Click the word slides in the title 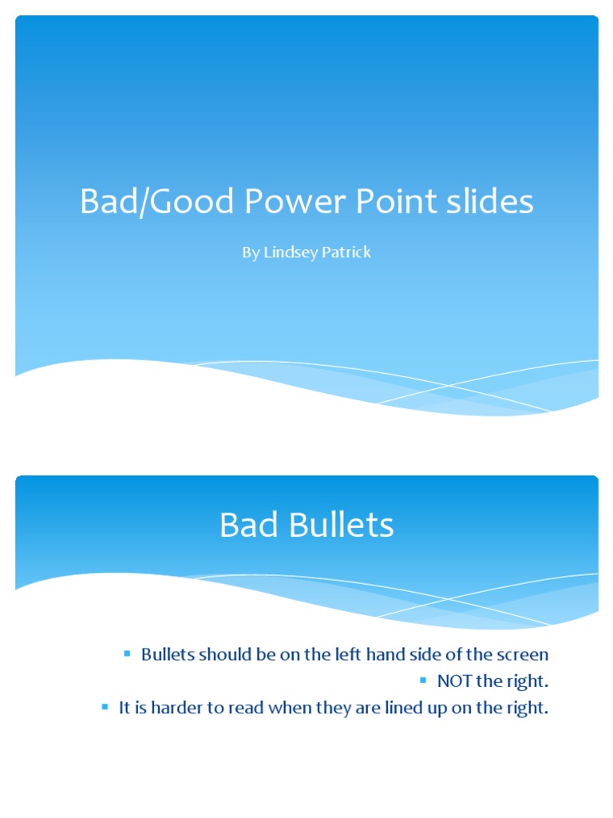pyautogui.click(x=487, y=202)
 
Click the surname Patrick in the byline pyautogui.click(x=345, y=252)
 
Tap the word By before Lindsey pyautogui.click(x=250, y=253)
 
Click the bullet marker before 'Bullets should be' pyautogui.click(x=126, y=654)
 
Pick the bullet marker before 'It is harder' pyautogui.click(x=104, y=707)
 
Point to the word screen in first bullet pyautogui.click(x=522, y=655)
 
